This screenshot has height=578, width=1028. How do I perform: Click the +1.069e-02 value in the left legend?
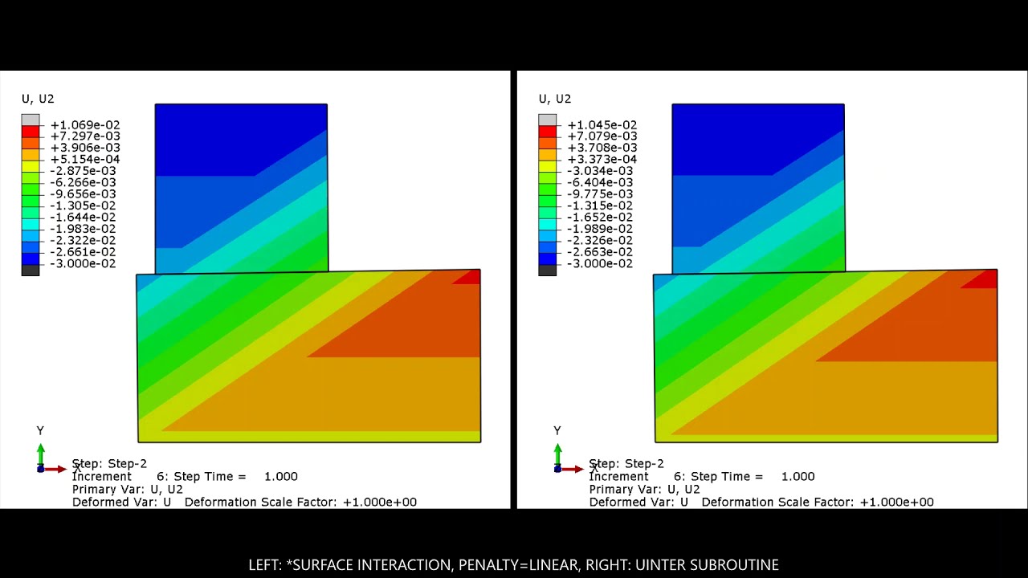tap(84, 125)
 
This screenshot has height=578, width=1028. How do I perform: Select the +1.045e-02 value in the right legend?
tap(602, 125)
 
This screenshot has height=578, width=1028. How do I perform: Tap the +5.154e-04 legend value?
tap(84, 160)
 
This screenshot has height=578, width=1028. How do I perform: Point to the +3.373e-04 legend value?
tap(602, 160)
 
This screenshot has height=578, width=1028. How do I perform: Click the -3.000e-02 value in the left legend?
tap(83, 264)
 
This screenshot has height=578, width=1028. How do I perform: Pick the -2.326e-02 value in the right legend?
tap(600, 241)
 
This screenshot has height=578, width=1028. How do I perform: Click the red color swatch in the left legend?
tap(31, 131)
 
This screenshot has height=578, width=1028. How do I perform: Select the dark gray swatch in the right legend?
tap(548, 270)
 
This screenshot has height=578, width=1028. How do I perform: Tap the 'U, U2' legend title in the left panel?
tap(38, 99)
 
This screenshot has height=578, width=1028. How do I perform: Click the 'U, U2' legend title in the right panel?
tap(555, 99)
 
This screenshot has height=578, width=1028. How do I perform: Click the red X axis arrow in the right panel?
tap(573, 469)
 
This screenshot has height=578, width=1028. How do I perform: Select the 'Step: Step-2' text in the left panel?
tap(109, 464)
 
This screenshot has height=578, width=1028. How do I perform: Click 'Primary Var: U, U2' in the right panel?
tap(644, 489)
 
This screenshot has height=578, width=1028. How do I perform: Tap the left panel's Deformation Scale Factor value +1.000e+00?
tap(380, 502)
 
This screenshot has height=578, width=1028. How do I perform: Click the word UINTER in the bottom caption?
tap(659, 565)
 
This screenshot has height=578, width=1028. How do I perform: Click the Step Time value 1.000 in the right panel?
tap(798, 477)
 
